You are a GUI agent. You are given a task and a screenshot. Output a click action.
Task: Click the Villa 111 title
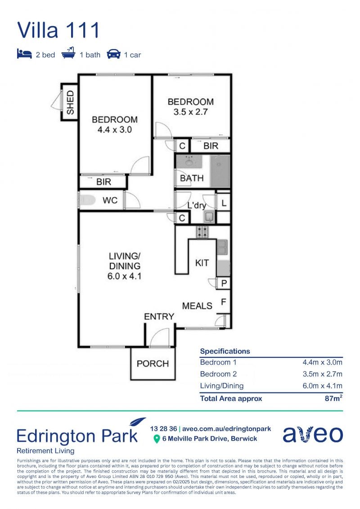[58, 30]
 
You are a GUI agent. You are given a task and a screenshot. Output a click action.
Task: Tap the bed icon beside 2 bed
[24, 54]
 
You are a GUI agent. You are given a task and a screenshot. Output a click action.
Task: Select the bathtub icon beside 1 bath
[68, 53]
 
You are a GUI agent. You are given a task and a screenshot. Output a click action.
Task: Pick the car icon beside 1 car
[113, 54]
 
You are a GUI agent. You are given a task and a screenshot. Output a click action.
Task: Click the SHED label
[70, 102]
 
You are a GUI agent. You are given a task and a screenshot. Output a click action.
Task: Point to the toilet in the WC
[86, 200]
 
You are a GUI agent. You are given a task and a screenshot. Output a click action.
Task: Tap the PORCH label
[153, 364]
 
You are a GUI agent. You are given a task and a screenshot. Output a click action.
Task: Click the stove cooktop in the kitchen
[202, 232]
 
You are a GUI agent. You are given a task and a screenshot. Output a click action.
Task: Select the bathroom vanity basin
[189, 161]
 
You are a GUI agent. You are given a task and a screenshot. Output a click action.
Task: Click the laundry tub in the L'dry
[209, 216]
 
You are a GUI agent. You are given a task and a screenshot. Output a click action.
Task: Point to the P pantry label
[224, 284]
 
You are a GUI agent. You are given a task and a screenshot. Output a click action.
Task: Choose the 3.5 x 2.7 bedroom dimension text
[190, 112]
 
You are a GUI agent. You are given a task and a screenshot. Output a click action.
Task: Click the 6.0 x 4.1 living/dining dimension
[124, 276]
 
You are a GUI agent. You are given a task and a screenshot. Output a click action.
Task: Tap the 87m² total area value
[334, 398]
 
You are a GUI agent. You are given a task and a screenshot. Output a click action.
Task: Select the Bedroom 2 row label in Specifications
[218, 374]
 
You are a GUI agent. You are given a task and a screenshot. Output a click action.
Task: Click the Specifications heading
[225, 351]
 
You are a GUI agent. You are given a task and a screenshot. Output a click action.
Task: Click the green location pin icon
[157, 439]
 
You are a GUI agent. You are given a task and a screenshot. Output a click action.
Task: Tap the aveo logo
[313, 434]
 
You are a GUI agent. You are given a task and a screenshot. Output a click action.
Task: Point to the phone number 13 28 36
[163, 429]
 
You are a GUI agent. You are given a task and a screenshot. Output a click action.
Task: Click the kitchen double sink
[222, 248]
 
